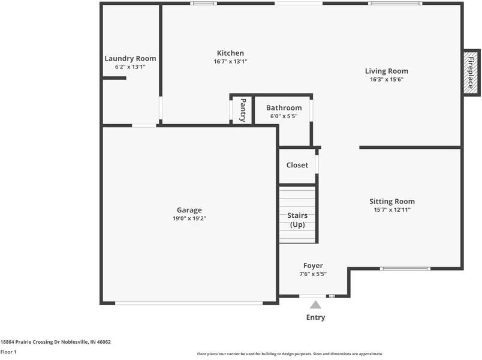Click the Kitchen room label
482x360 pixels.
click(230, 53)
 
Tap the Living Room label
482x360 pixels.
click(386, 71)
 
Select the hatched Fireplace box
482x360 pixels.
click(471, 71)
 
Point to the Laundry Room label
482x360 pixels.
click(130, 58)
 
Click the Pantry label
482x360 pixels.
click(243, 110)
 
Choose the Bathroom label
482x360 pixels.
click(284, 108)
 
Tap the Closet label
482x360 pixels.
click(297, 165)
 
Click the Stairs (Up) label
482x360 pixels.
click(297, 220)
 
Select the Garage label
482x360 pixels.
click(189, 210)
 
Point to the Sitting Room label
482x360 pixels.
click(391, 202)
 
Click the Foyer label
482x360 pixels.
click(313, 266)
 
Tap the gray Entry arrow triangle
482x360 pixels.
click(315, 305)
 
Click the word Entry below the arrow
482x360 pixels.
click(315, 317)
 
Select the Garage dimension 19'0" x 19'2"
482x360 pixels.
click(189, 218)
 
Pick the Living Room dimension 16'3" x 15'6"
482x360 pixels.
click(386, 79)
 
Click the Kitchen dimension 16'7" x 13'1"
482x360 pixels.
click(230, 61)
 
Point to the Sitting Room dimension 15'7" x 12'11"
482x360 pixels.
click(391, 210)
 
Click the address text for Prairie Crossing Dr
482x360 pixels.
click(55, 342)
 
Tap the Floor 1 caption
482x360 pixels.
click(8, 352)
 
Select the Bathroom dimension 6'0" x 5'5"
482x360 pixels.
click(284, 116)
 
